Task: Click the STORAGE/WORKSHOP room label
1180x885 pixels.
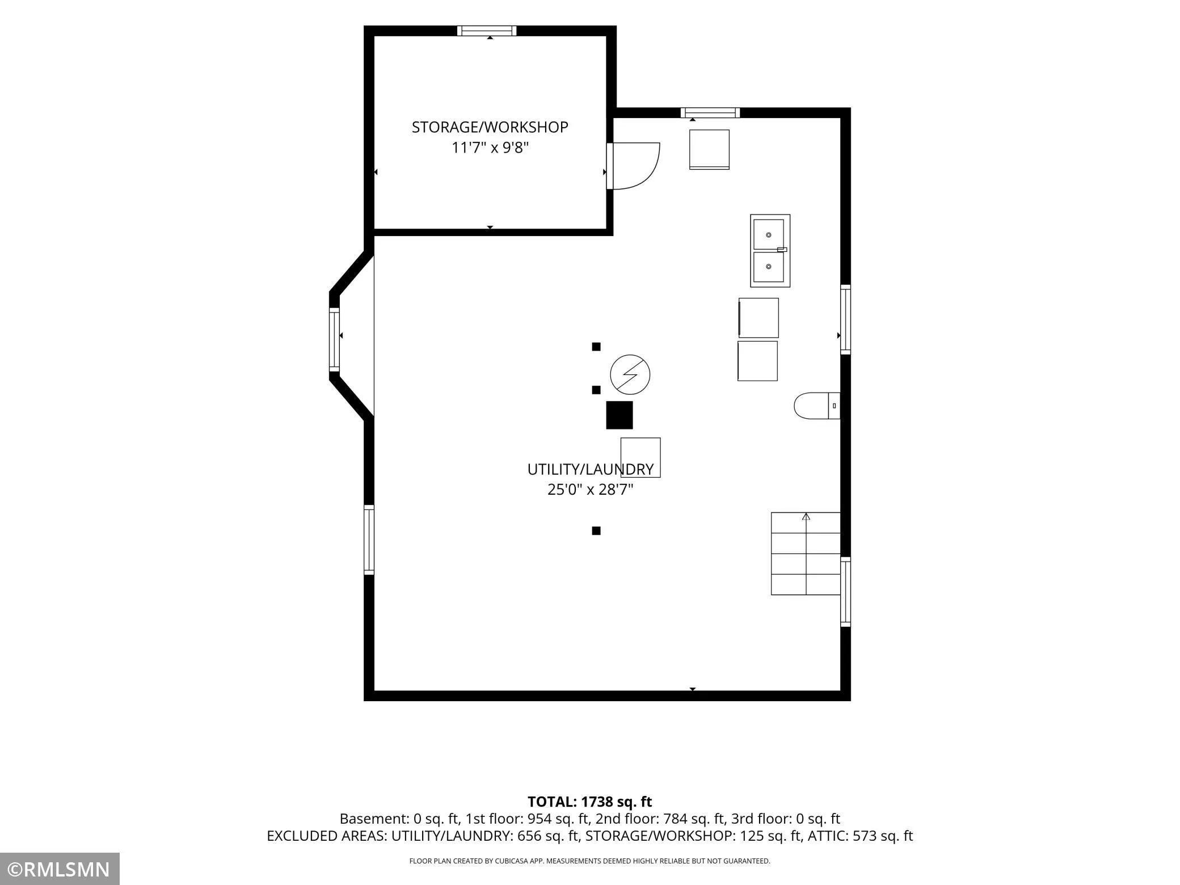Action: click(490, 127)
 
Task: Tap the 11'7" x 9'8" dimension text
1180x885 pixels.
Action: click(490, 147)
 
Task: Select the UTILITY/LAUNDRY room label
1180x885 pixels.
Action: click(591, 469)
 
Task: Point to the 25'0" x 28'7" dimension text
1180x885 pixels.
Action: click(591, 489)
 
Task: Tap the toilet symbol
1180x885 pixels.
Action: click(817, 406)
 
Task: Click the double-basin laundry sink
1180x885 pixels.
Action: click(770, 250)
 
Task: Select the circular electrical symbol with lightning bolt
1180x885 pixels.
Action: click(630, 374)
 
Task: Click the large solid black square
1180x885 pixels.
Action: click(619, 415)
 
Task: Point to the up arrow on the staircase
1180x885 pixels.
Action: click(806, 517)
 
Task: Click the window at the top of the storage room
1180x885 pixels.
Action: click(487, 31)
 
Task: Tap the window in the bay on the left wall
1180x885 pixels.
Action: click(335, 339)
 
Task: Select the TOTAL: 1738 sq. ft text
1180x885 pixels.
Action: click(590, 802)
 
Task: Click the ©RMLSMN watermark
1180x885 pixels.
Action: click(60, 869)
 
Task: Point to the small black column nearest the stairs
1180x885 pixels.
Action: click(596, 531)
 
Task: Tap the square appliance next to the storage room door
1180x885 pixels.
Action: click(709, 149)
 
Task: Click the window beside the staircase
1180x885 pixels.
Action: click(845, 592)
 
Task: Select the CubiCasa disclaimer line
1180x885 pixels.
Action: click(590, 861)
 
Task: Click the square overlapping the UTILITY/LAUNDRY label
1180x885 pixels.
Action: click(640, 457)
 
